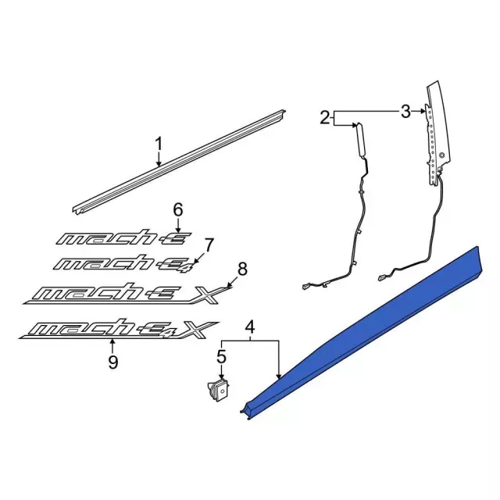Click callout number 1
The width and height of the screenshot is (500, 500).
coord(159,144)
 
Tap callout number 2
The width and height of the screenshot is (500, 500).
coord(325,118)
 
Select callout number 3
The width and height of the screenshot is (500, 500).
coord(405,112)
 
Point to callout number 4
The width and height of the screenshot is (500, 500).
coord(250,327)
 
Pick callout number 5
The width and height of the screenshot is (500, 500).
coord(221,359)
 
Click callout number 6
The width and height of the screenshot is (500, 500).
coord(177,209)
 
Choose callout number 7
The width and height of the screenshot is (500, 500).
coord(209,244)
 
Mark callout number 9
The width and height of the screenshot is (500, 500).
coord(112,362)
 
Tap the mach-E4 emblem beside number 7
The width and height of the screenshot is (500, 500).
coord(125,261)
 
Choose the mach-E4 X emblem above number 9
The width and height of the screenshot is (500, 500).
coord(117,329)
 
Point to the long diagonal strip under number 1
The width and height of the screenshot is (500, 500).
coord(180,164)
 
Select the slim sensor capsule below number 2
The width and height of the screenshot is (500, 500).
coord(362,141)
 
